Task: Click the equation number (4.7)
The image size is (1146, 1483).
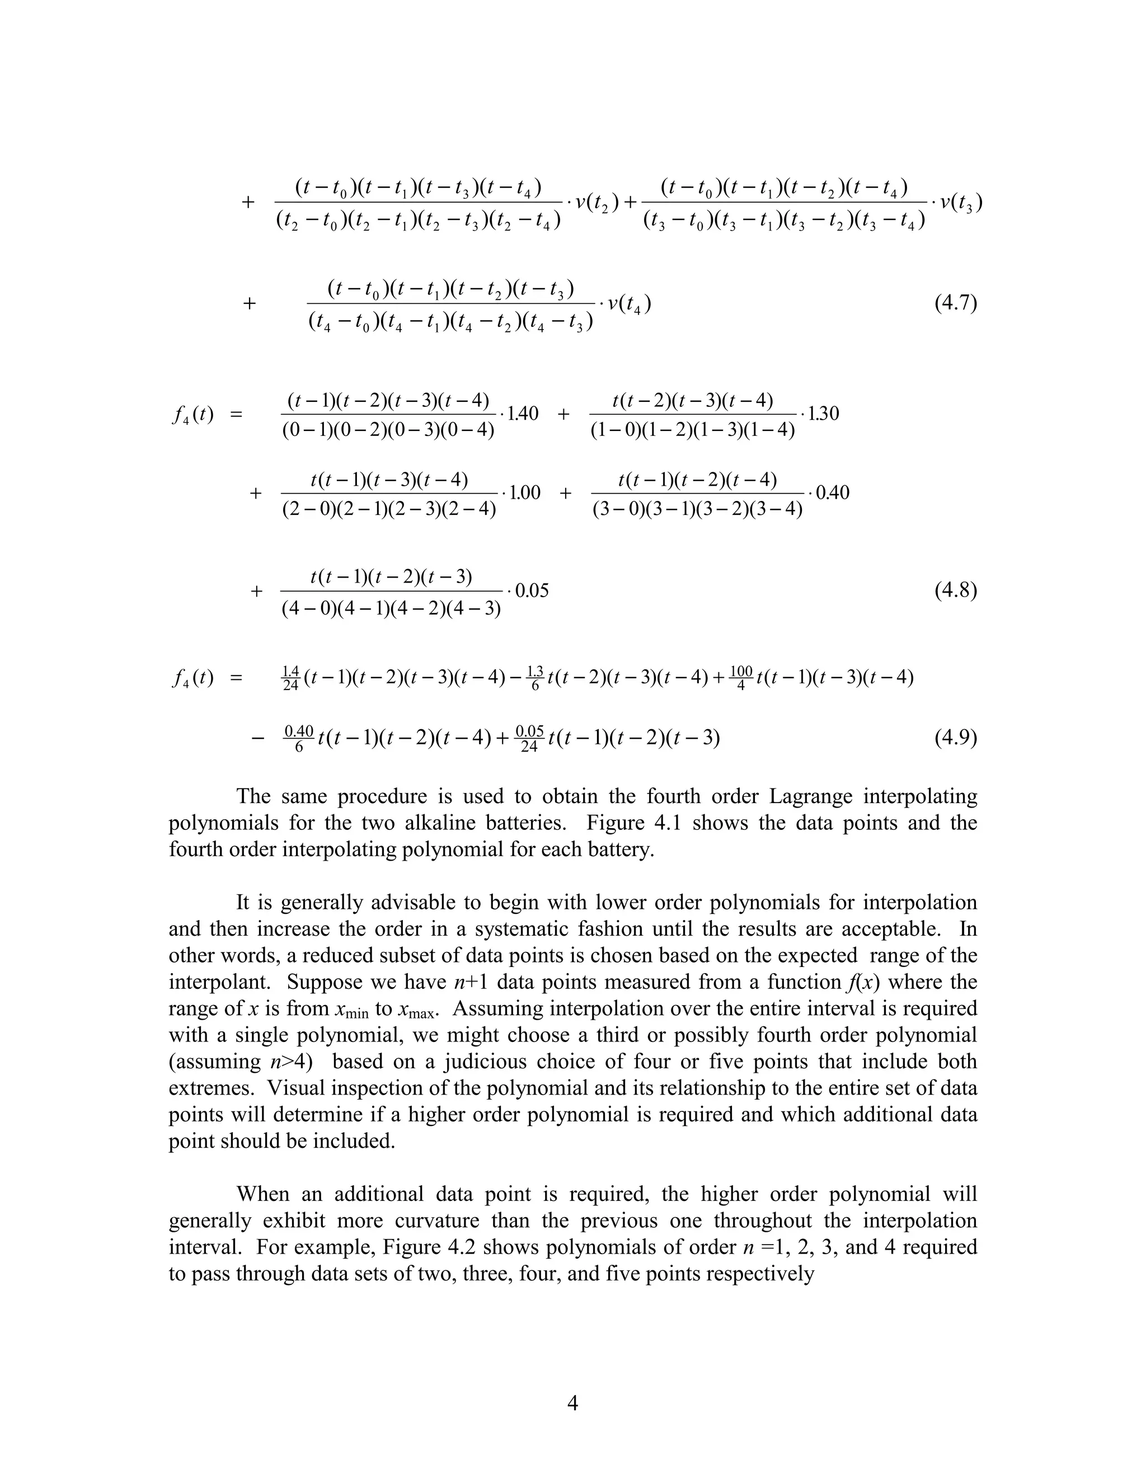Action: (955, 303)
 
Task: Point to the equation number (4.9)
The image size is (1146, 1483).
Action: (955, 738)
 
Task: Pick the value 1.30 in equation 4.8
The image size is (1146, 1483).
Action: (823, 413)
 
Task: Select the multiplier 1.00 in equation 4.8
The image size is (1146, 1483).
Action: (524, 492)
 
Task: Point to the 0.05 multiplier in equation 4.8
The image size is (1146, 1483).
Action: (532, 591)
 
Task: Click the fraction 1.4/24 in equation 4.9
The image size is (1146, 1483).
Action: (290, 678)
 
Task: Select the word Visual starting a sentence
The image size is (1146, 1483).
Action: (295, 1088)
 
